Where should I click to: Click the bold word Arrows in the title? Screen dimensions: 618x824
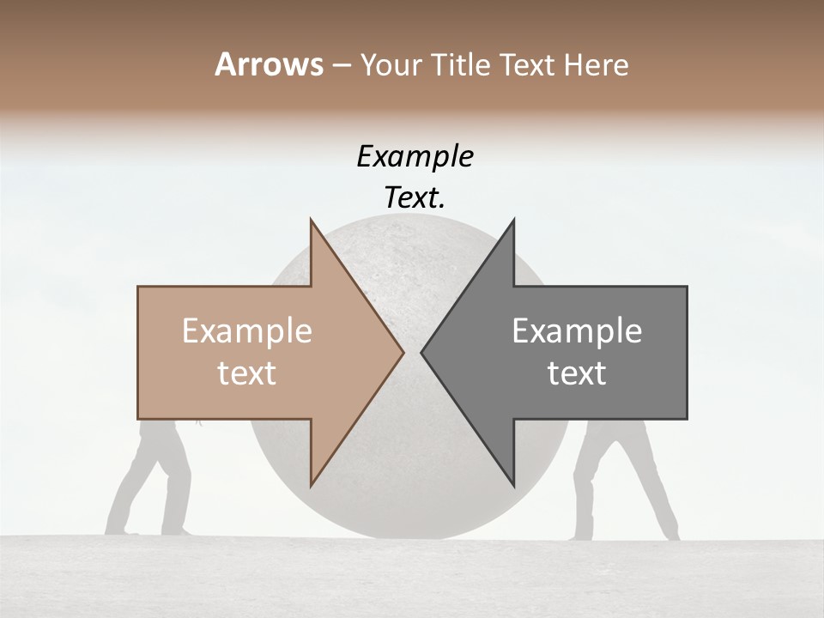pos(270,64)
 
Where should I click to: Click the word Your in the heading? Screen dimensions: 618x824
pos(390,65)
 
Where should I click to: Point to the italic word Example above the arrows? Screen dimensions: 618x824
pos(415,157)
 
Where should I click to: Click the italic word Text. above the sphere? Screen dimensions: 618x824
pos(415,198)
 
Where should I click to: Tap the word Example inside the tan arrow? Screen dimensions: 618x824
pos(247,331)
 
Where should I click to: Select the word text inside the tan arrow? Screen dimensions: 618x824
pos(247,373)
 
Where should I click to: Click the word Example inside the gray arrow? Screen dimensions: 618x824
pos(577,331)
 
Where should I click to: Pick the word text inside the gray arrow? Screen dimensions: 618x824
pos(577,373)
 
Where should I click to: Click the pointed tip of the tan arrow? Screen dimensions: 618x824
pos(402,352)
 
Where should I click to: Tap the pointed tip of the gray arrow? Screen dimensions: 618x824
pos(423,352)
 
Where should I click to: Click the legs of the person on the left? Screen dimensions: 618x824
pos(154,481)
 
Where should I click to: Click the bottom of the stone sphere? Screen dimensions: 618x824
pos(412,532)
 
